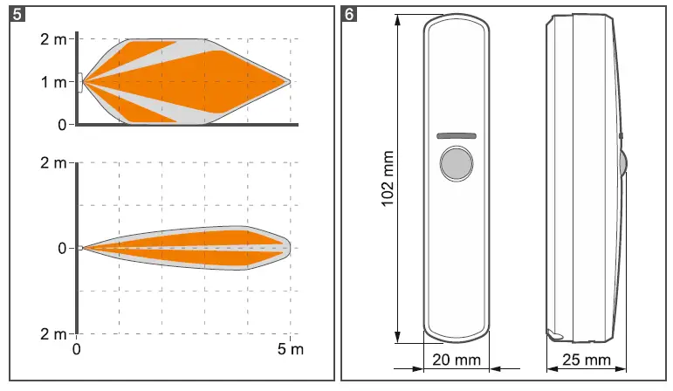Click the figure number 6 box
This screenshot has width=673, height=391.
(351, 16)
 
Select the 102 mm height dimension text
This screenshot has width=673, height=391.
(388, 179)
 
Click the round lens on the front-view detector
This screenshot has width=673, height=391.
(455, 163)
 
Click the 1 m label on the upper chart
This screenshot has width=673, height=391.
(52, 82)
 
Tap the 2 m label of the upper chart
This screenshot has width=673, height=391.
(52, 39)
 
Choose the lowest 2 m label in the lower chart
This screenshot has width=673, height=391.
(52, 333)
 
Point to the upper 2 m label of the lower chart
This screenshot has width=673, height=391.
(52, 163)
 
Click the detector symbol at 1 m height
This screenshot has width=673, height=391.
(80, 82)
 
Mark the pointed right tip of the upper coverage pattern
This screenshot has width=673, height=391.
(289, 82)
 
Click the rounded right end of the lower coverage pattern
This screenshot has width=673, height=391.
(286, 248)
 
